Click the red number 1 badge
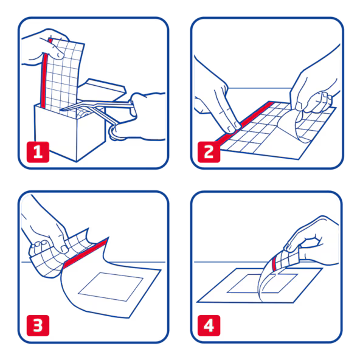(x=38, y=152)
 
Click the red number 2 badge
(x=209, y=152)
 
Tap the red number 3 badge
(x=38, y=325)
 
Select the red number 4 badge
(x=209, y=325)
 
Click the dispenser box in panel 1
(x=69, y=131)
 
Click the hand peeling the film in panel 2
(x=314, y=87)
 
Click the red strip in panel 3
(x=85, y=253)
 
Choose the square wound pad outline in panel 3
(x=111, y=287)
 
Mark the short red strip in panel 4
(x=274, y=265)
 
